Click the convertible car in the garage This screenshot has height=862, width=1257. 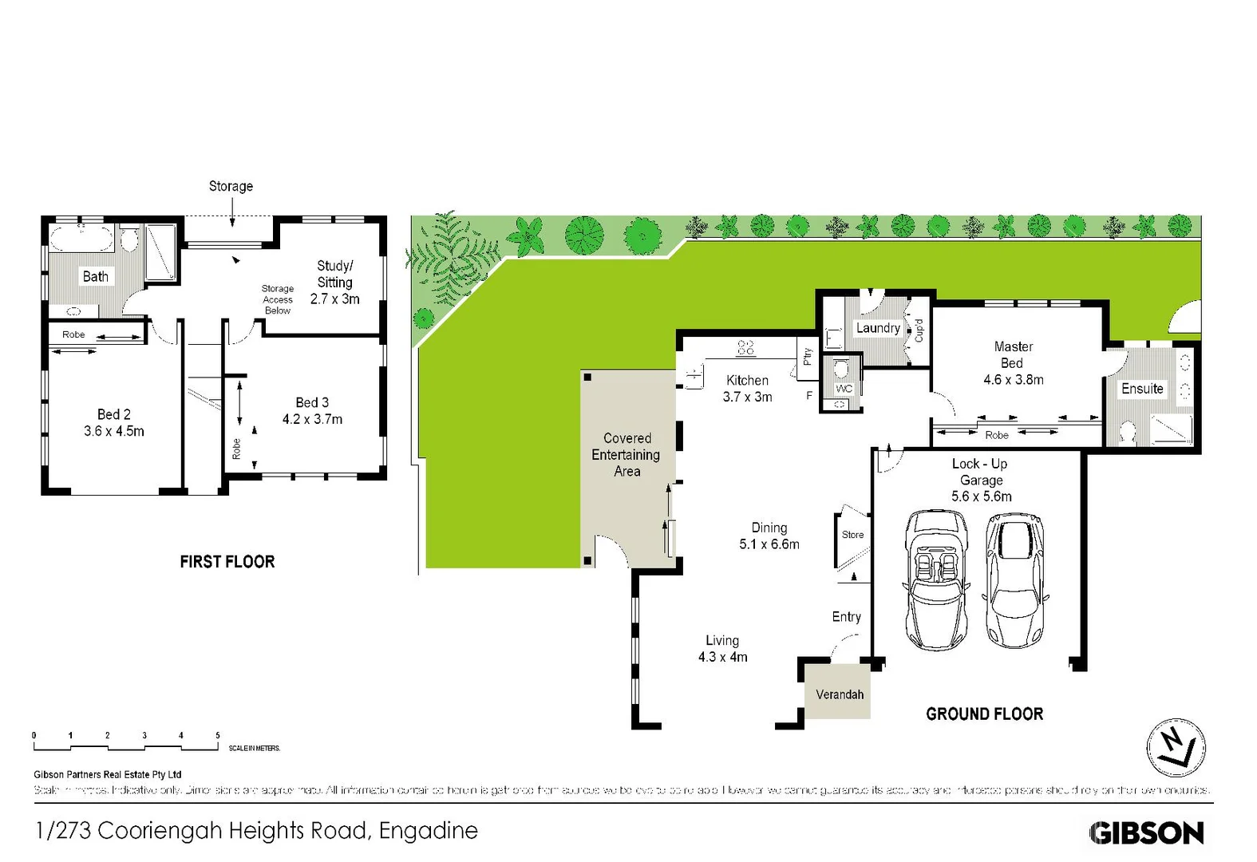tap(937, 580)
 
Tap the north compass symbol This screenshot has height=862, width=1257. tap(1175, 748)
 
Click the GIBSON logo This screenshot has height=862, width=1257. tap(1146, 833)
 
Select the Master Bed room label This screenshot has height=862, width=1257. tap(1013, 355)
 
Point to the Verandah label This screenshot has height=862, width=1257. tap(839, 694)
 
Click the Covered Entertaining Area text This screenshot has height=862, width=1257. tap(627, 455)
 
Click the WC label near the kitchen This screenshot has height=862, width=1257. tap(844, 389)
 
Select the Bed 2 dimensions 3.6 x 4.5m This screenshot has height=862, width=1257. tap(114, 431)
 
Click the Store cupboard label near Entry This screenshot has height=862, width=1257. tap(852, 535)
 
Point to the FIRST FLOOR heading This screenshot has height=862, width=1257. tap(227, 562)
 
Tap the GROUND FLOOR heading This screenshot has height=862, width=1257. tap(984, 714)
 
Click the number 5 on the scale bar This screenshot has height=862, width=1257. tap(217, 735)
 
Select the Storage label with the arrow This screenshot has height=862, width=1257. tap(231, 186)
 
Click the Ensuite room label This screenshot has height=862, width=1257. tap(1142, 389)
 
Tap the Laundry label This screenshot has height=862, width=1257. tap(878, 328)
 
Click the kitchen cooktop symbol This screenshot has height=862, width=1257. tap(745, 348)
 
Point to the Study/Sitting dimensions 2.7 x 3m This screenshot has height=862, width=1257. tap(334, 299)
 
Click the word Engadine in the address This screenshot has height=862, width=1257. tap(428, 831)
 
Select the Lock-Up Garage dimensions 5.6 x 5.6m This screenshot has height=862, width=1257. tap(981, 496)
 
